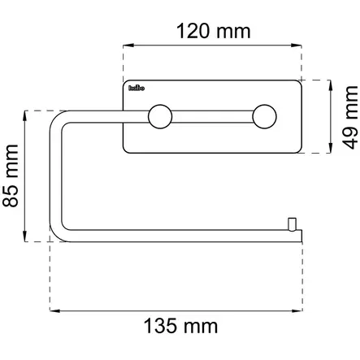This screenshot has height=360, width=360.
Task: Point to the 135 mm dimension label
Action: tap(180, 327)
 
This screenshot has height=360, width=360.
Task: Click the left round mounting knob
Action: tap(158, 117)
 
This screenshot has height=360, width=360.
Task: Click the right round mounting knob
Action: tap(263, 117)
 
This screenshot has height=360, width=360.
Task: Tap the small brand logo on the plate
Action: tap(136, 89)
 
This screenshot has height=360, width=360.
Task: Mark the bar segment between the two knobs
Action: tap(210, 117)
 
